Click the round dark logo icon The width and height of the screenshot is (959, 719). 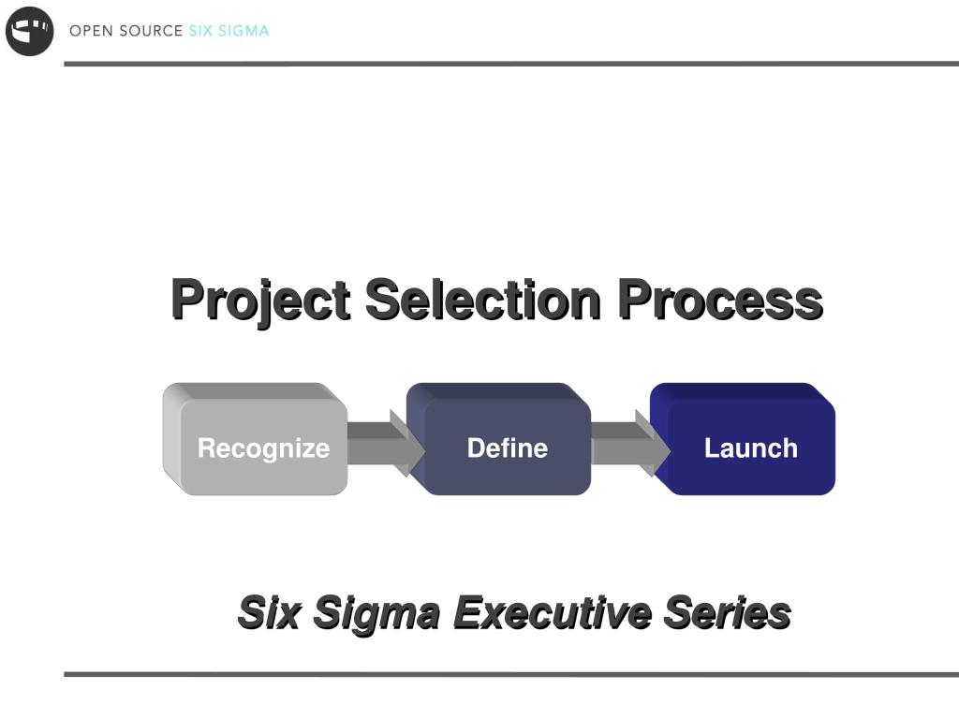coord(29,31)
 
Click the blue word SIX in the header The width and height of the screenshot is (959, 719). coord(200,31)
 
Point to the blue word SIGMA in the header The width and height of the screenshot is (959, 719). coord(243,31)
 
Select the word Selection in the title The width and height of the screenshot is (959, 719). coord(483,299)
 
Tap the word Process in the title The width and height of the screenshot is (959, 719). coord(720,299)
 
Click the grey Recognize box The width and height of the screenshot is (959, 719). coord(255,439)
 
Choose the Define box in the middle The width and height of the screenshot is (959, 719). coord(498,439)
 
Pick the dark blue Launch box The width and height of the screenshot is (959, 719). coord(743,439)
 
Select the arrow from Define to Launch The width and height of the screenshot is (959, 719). coord(630,443)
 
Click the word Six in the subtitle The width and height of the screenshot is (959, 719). coord(269,612)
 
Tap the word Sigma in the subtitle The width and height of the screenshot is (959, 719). coord(376,615)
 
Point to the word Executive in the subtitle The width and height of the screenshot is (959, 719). coord(553,612)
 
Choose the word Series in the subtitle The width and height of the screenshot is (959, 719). coord(728,612)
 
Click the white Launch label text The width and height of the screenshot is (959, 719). coord(751,448)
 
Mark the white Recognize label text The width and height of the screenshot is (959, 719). coord(263,449)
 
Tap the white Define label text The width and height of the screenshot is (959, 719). coord(508,448)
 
